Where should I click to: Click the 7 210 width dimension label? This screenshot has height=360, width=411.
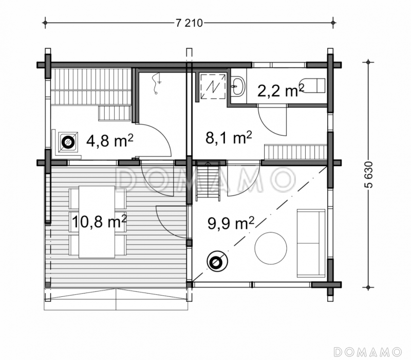[x=189, y=23]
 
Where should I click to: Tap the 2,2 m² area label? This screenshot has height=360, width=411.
[x=281, y=91]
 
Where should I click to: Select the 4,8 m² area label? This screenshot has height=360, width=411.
[x=110, y=140]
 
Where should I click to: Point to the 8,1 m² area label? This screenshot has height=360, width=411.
[x=229, y=137]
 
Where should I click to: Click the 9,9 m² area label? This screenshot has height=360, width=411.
[x=231, y=223]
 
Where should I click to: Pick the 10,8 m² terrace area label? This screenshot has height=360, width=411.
[x=99, y=222]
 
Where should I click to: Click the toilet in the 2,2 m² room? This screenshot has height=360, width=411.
[x=313, y=85]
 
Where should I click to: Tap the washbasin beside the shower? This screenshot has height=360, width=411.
[x=238, y=86]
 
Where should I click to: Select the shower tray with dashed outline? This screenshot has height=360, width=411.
[x=213, y=86]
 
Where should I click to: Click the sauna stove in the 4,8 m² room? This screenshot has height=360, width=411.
[x=68, y=142]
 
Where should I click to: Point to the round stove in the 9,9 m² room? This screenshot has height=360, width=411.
[x=217, y=261]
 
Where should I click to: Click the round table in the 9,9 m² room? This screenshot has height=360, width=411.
[x=271, y=248]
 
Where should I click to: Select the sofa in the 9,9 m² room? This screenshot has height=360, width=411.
[x=311, y=243]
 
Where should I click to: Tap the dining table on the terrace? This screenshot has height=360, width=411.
[x=97, y=222]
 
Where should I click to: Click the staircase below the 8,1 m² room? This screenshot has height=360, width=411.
[x=208, y=181]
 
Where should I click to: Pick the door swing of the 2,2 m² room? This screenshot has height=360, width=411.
[x=273, y=120]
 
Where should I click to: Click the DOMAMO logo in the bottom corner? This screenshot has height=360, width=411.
[x=368, y=352]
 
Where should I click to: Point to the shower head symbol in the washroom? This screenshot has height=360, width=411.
[x=157, y=83]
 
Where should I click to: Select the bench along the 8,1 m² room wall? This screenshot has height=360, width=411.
[x=296, y=152]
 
